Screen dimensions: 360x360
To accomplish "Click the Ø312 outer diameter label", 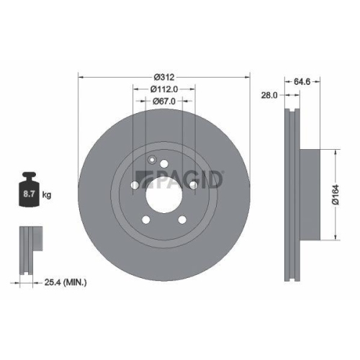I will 164,76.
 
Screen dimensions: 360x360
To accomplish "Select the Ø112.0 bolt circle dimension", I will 163,89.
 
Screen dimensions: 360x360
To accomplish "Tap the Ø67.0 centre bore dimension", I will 163,102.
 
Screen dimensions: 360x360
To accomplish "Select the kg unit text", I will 46,195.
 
